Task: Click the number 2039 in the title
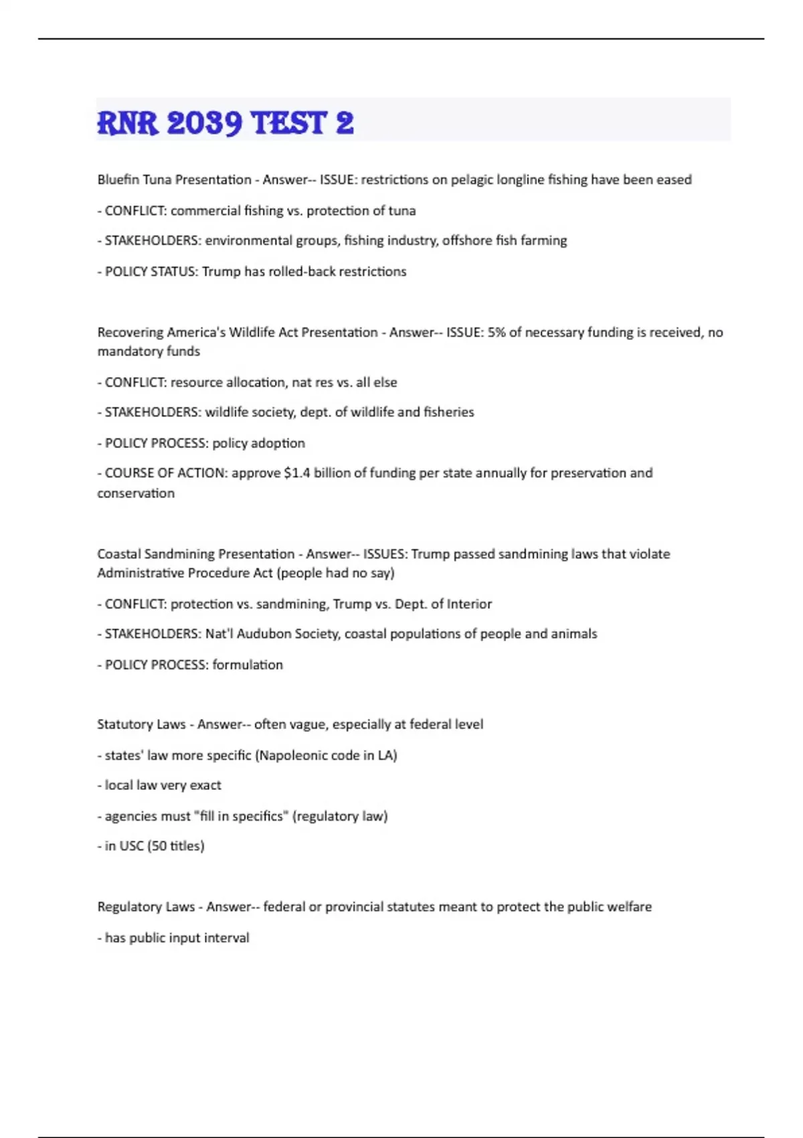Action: click(204, 123)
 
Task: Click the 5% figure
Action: click(497, 333)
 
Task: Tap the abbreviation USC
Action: click(131, 846)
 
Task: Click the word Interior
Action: click(469, 604)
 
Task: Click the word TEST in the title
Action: click(288, 123)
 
